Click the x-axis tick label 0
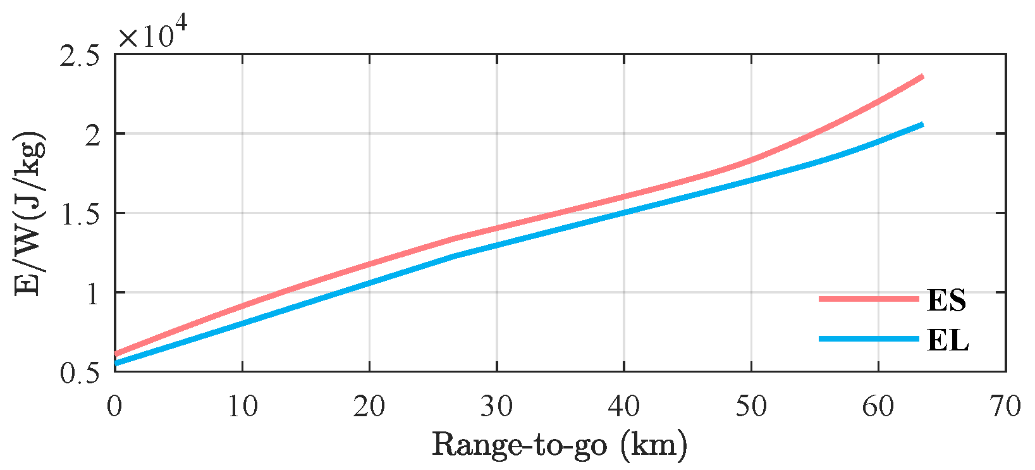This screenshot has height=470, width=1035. coord(114,406)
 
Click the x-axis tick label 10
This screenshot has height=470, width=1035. coord(242,406)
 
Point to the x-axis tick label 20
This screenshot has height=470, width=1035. coord(369,406)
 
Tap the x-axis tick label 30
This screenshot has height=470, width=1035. coord(496,406)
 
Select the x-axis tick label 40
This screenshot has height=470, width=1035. coord(624,406)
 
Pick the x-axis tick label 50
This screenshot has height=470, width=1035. coord(751,406)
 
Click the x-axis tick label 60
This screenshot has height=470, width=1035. coord(878,406)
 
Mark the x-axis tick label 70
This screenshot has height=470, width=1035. coord(1005,406)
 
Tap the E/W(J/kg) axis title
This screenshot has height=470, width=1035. coord(30,214)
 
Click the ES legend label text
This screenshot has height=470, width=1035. coord(946,300)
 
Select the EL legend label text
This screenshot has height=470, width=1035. coord(947,340)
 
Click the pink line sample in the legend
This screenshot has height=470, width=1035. coord(869,299)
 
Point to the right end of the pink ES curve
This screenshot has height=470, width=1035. coord(923,77)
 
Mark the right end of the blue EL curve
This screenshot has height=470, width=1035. coord(923,124)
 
